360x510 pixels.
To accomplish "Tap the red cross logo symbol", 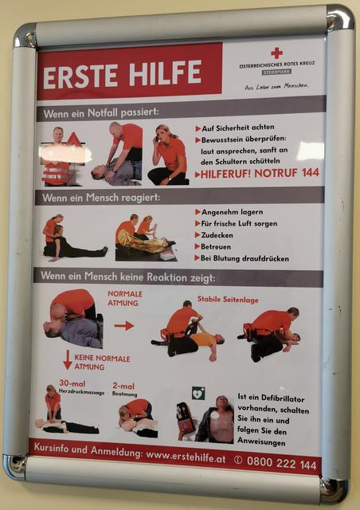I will click(276, 53).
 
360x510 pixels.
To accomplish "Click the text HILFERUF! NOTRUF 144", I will click(259, 172).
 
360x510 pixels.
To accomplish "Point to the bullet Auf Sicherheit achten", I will click(240, 127).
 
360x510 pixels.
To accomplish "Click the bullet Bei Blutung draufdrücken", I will click(244, 258).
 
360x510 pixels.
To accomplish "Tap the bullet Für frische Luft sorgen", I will click(240, 224).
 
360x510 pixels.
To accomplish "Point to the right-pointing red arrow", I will click(123, 325).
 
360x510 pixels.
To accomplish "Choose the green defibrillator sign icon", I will click(198, 393).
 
